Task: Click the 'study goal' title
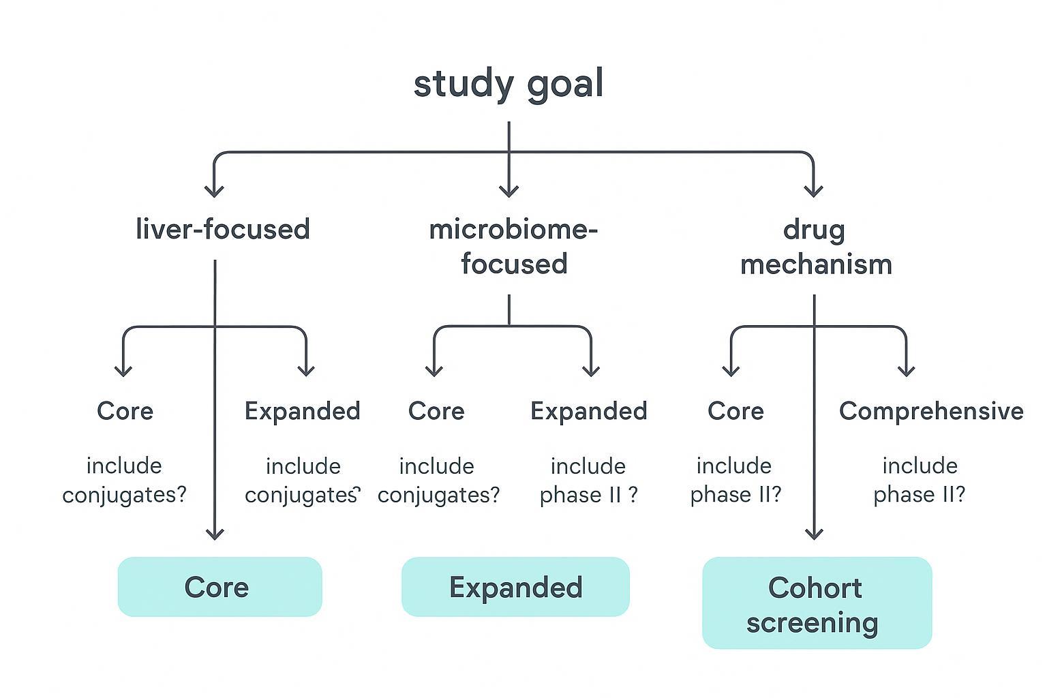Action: [x=509, y=85]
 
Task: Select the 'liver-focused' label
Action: [x=223, y=229]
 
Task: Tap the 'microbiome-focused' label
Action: [x=513, y=247]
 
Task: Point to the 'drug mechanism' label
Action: [x=816, y=247]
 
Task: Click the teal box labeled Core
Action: [x=219, y=587]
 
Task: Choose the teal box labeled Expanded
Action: [x=515, y=587]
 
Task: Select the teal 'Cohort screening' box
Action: [x=817, y=603]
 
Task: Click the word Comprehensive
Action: [x=931, y=411]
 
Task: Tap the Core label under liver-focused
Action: [x=125, y=411]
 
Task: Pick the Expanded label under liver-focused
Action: [x=302, y=411]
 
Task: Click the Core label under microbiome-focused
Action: [x=436, y=411]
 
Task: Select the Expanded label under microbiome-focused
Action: [x=589, y=411]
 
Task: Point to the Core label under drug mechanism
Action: [x=735, y=411]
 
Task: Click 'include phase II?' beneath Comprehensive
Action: [x=920, y=480]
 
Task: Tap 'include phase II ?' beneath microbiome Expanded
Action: [x=588, y=480]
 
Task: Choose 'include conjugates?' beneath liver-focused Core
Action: [x=124, y=480]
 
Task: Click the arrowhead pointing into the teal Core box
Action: [x=215, y=533]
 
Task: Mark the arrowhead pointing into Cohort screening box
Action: [x=815, y=533]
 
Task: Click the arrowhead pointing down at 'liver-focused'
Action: [x=215, y=189]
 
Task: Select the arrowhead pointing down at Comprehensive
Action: [x=906, y=369]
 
